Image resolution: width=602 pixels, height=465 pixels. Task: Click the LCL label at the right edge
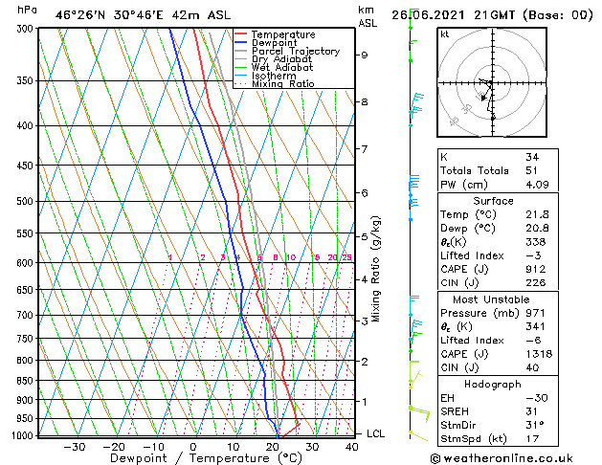[x=377, y=433]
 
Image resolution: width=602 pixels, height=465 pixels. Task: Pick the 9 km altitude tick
[x=364, y=55]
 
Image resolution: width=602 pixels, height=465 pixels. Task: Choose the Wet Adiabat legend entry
[x=287, y=68]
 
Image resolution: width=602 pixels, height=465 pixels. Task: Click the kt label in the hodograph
[x=444, y=34]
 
